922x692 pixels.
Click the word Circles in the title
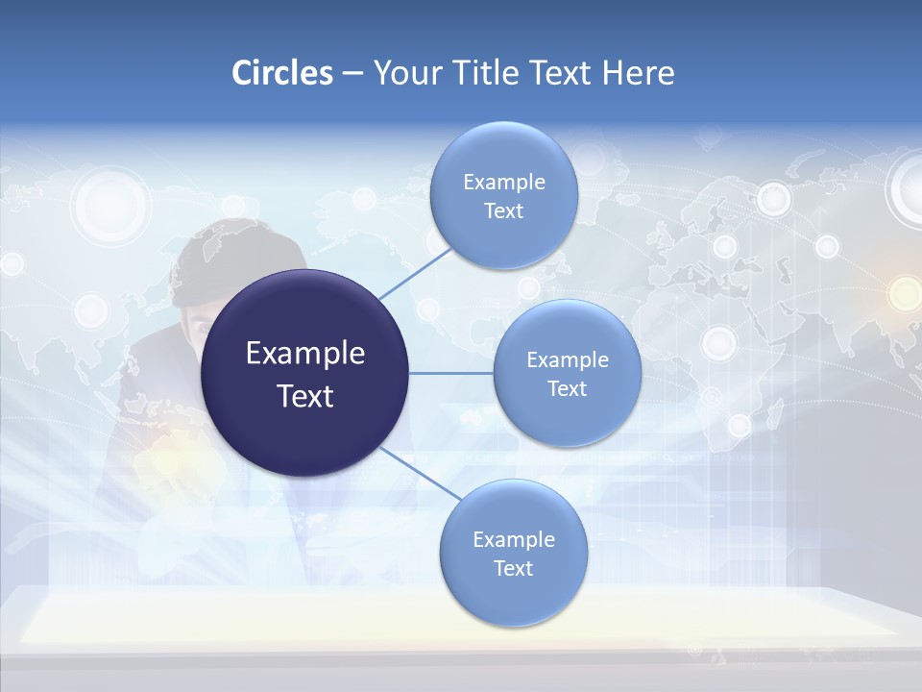click(281, 73)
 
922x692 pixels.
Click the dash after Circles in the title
click(352, 74)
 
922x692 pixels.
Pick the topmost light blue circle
click(503, 196)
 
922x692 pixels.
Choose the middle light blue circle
click(567, 373)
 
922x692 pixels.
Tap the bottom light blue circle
click(513, 554)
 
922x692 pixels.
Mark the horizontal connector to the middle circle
click(451, 373)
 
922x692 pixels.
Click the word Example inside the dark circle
click(305, 354)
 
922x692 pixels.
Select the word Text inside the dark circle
click(305, 396)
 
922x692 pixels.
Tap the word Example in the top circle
click(503, 183)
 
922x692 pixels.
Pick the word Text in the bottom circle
click(513, 569)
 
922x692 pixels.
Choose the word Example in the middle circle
click(567, 360)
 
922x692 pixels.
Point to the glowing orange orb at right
click(904, 292)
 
